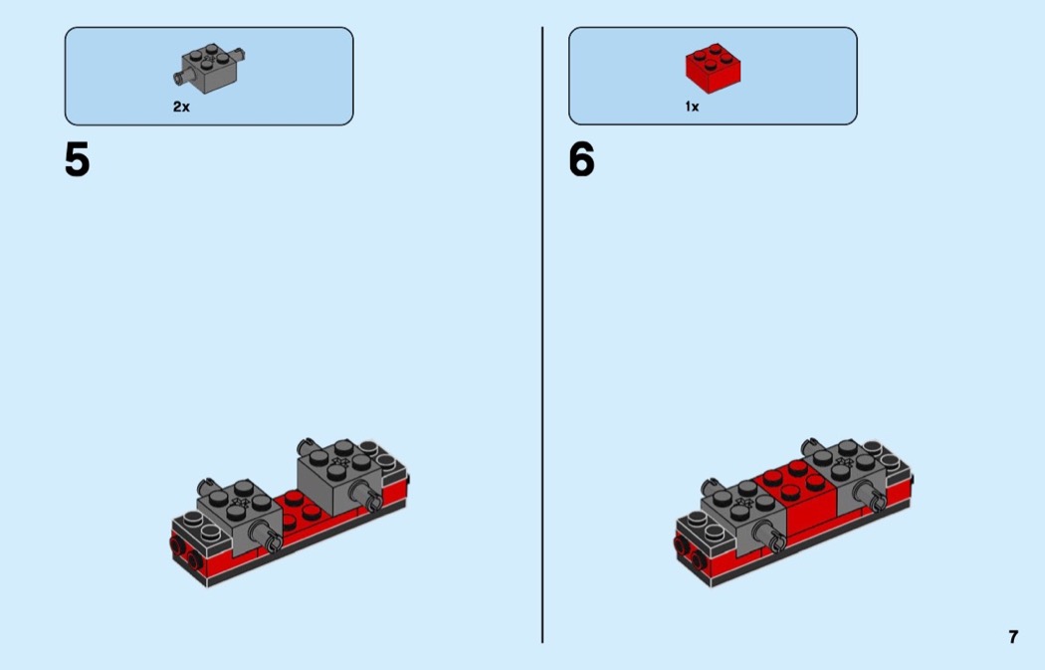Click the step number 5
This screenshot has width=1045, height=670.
(x=77, y=160)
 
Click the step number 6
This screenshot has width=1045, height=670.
(x=581, y=160)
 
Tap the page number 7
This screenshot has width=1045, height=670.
(x=1013, y=637)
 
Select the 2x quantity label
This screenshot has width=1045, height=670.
(x=181, y=107)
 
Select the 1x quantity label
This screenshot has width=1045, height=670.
(x=692, y=107)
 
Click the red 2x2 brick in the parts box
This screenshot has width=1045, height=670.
(x=713, y=67)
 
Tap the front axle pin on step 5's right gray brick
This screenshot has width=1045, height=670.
(x=374, y=500)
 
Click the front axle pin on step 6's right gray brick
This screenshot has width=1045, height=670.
(x=879, y=500)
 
